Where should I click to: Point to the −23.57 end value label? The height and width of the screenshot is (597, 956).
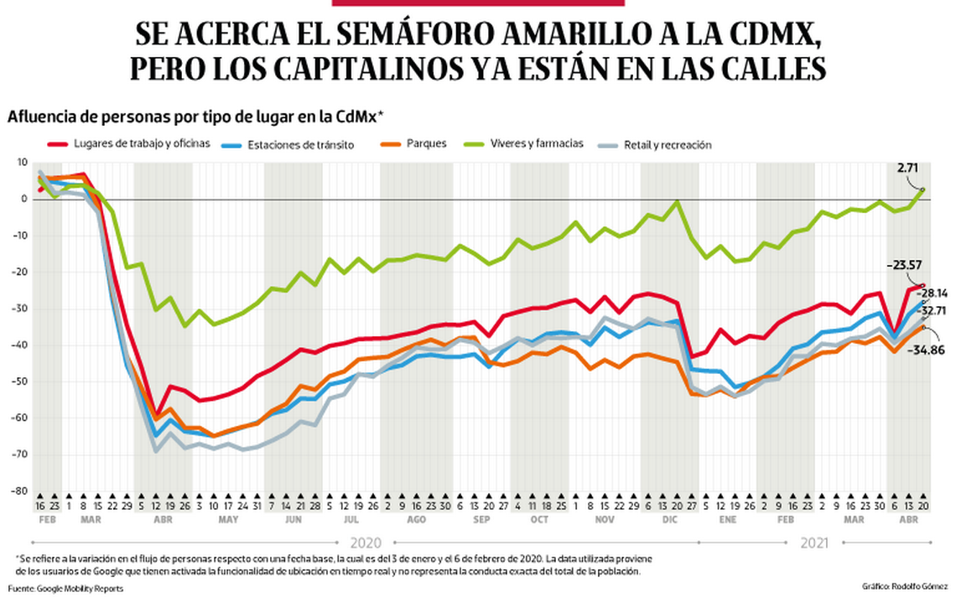coord(904,265)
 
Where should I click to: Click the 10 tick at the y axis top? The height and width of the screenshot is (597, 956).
coord(21,162)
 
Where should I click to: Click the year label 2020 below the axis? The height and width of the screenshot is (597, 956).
coord(366,542)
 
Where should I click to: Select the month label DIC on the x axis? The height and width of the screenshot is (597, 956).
coord(670,520)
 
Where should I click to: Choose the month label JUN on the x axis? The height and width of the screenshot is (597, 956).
coord(293,520)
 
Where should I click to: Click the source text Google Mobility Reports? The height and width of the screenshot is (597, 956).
coord(79,588)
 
